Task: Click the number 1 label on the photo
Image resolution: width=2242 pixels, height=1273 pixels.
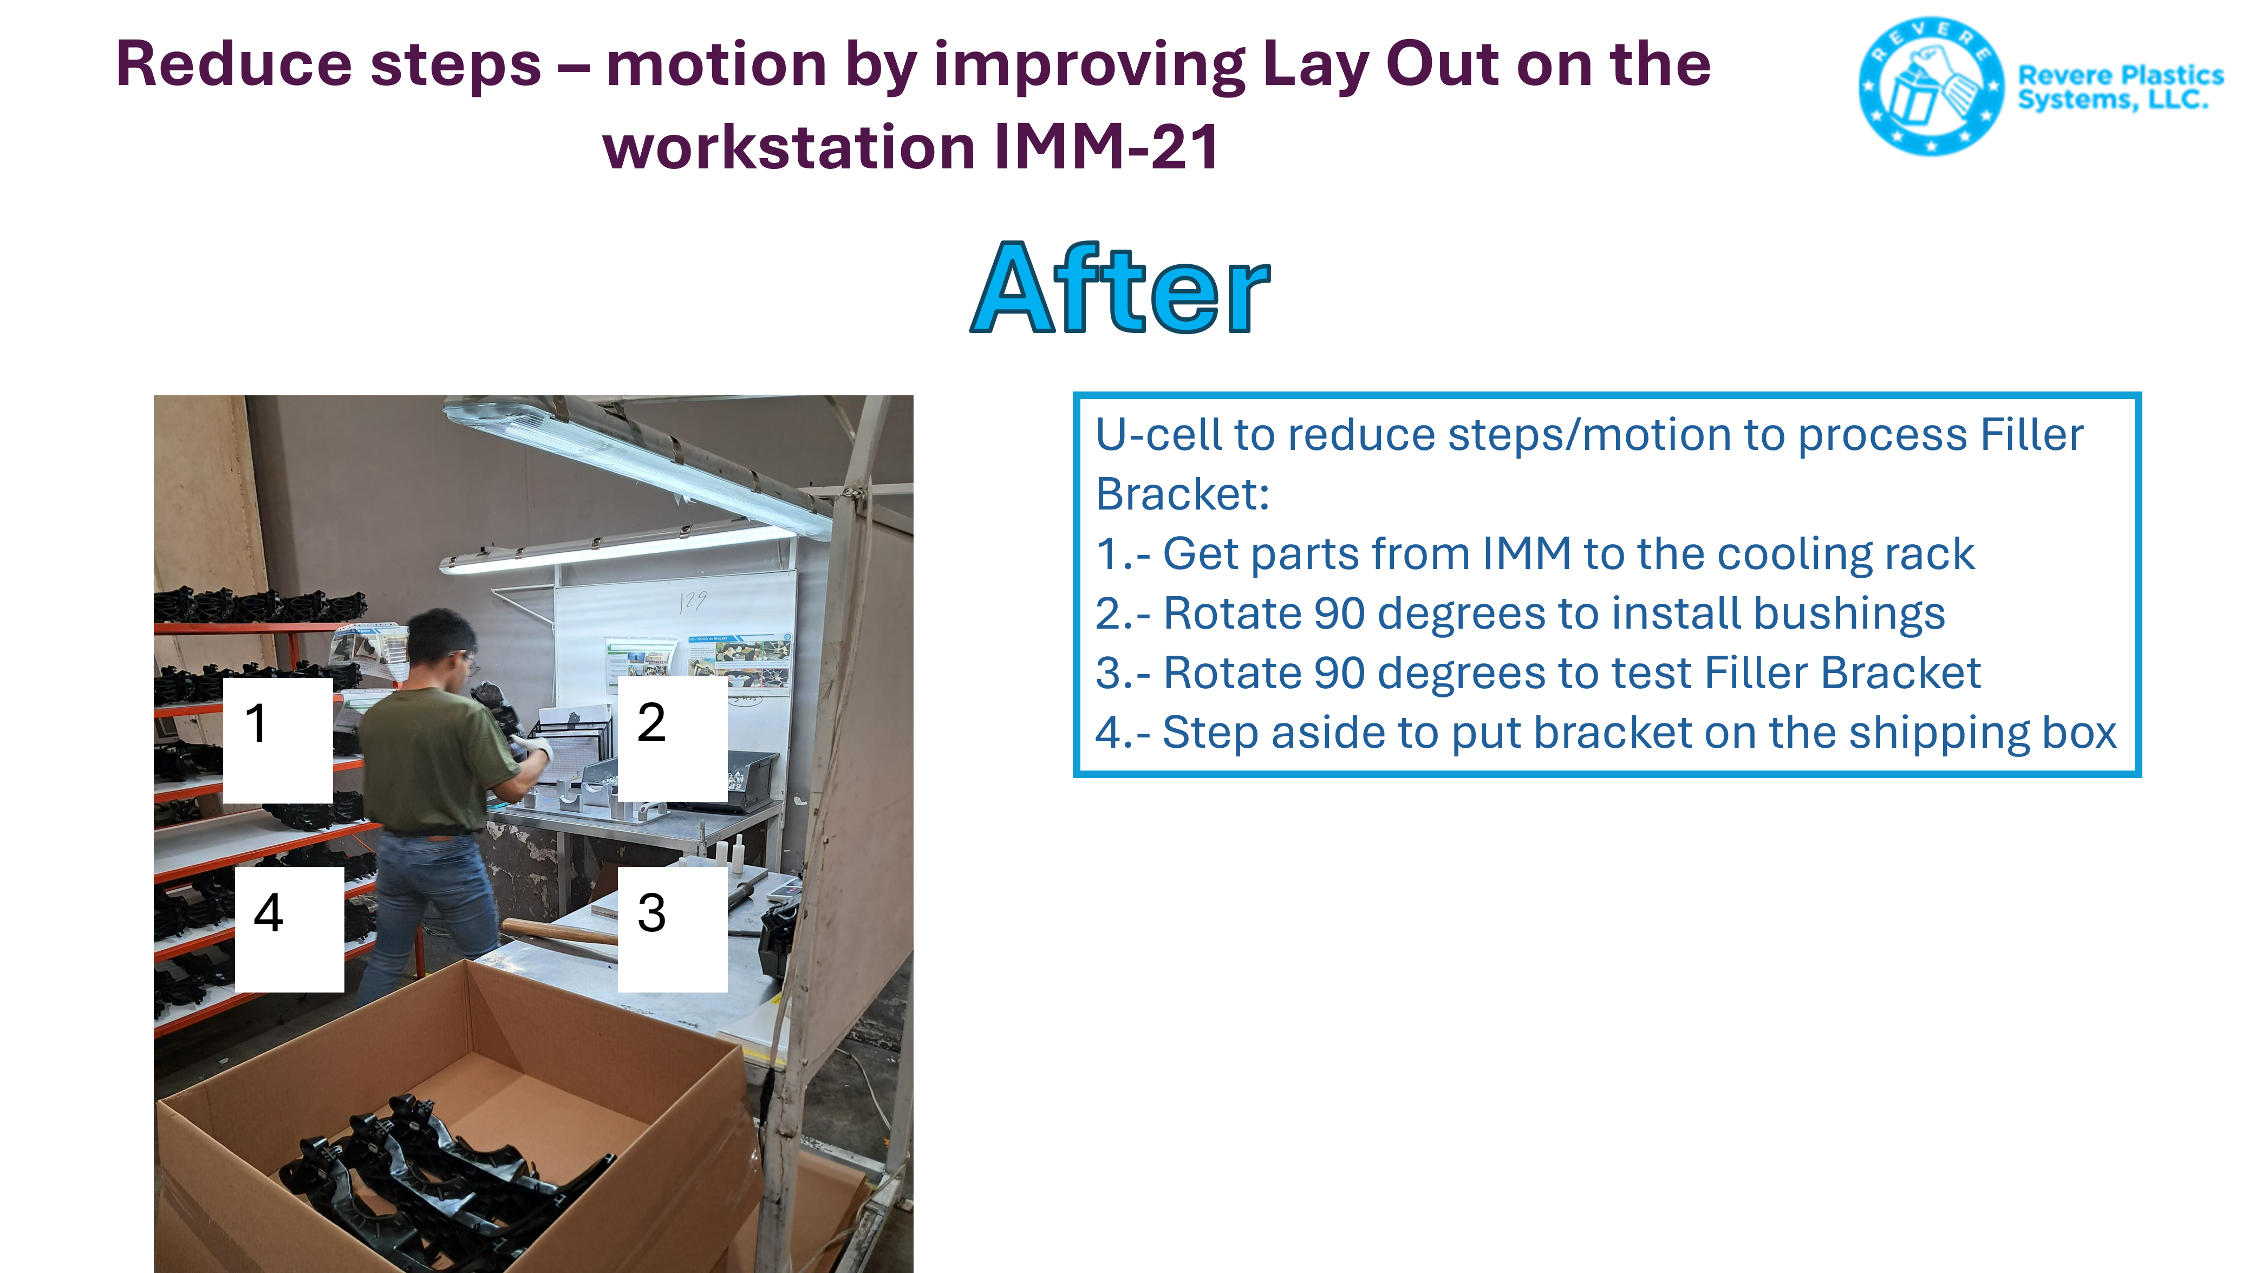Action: (277, 740)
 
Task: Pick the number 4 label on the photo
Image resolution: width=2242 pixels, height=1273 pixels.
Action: (289, 929)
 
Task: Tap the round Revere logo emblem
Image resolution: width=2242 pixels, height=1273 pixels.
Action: (1931, 86)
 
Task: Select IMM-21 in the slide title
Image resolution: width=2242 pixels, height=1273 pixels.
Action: (1106, 146)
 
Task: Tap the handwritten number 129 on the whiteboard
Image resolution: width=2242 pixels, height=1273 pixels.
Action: (693, 600)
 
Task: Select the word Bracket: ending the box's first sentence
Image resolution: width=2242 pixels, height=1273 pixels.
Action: (1182, 494)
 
